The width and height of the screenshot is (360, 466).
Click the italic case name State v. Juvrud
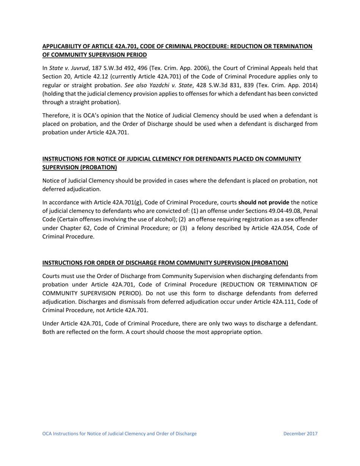67,68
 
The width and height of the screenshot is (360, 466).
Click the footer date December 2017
300,433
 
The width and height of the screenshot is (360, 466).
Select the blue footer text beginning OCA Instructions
119,433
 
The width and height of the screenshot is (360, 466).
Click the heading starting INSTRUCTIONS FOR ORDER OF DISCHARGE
165,263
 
